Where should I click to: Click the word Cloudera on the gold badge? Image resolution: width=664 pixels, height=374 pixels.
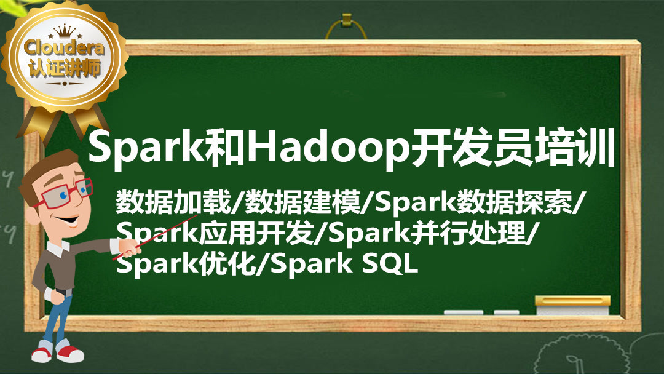click(x=64, y=47)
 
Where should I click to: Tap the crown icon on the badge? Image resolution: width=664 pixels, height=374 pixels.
click(x=65, y=30)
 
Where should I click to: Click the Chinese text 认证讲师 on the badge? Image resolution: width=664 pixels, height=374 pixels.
click(x=65, y=68)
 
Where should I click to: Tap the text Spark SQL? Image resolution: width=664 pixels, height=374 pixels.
click(x=344, y=264)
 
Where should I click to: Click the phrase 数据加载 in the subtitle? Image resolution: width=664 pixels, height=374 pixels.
click(x=173, y=202)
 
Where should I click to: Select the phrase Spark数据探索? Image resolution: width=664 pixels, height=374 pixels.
click(x=473, y=202)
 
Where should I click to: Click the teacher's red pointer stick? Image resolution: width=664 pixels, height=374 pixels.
click(x=154, y=237)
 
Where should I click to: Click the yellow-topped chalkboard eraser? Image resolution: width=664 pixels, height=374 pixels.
click(x=572, y=305)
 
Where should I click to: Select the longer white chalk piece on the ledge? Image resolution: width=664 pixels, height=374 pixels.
click(x=464, y=312)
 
